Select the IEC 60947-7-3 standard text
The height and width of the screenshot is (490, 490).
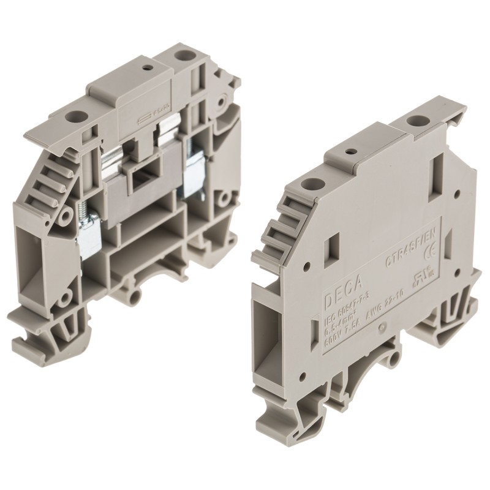click(346, 315)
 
